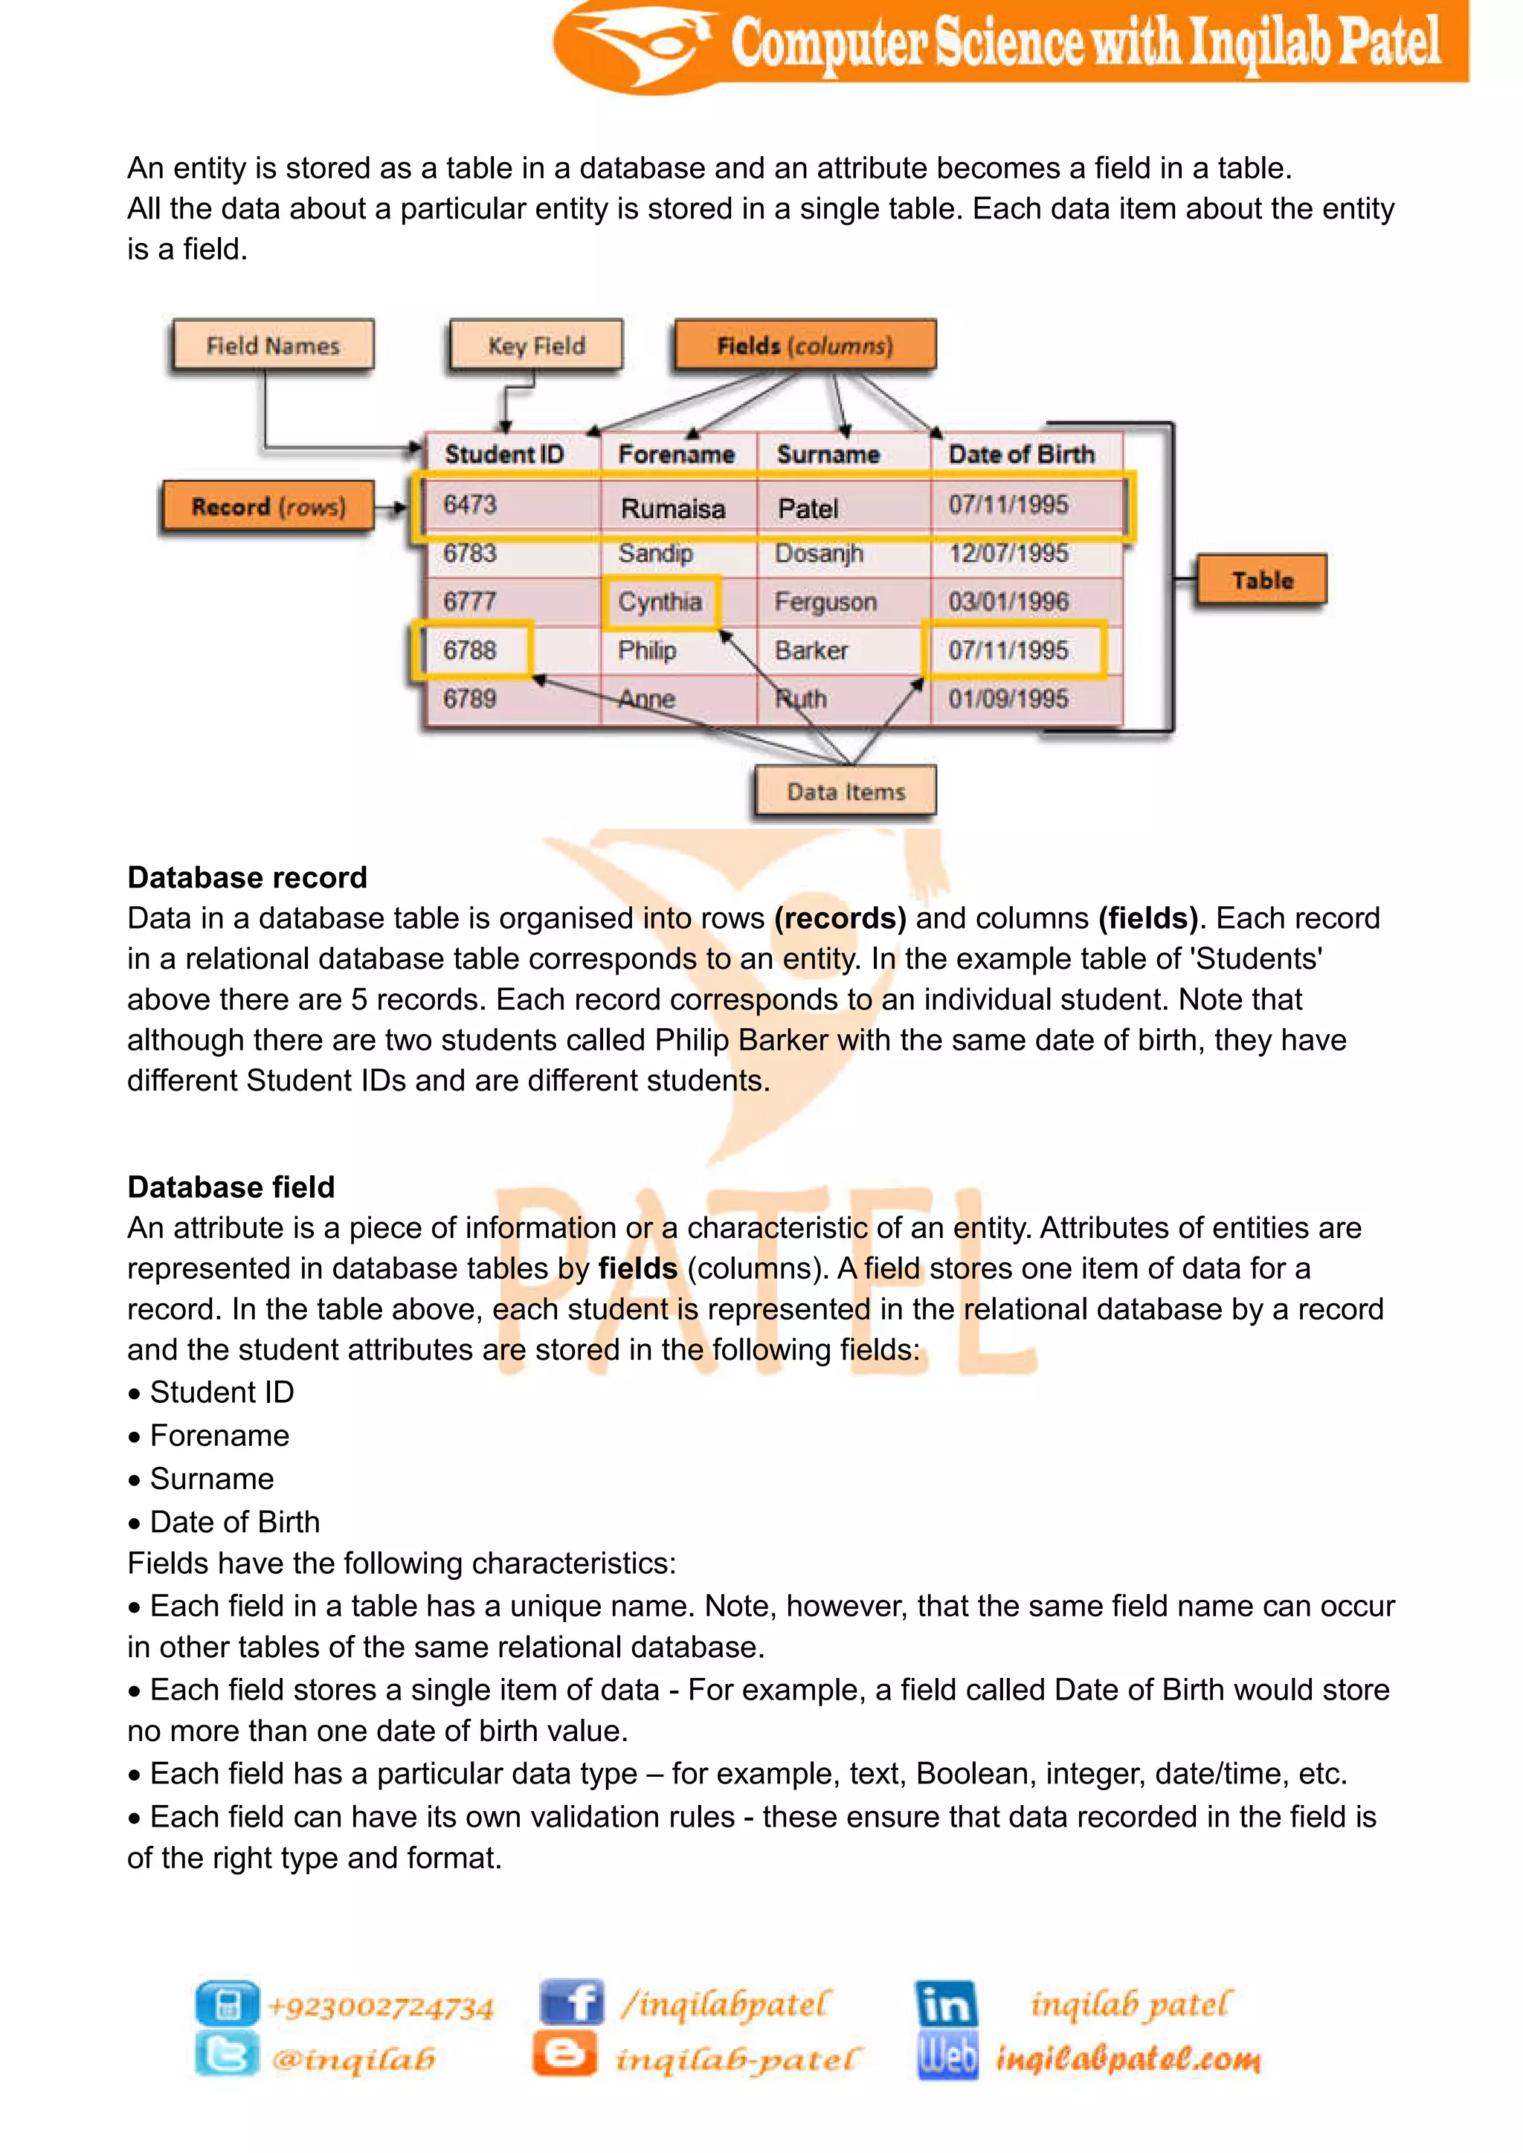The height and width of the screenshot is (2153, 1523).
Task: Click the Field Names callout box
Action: coord(273,345)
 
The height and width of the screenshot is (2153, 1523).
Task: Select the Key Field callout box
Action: coord(535,345)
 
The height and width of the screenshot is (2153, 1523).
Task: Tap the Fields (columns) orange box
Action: coord(805,345)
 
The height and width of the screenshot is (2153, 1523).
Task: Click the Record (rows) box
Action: coord(268,506)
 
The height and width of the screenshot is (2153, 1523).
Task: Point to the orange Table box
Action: coord(1261,581)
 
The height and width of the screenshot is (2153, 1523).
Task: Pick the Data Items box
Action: coord(845,792)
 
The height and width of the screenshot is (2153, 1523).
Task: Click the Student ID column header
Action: coord(504,455)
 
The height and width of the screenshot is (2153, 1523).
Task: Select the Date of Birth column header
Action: coord(1021,455)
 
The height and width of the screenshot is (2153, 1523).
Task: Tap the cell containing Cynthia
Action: coord(660,601)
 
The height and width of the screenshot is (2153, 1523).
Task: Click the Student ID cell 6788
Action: coord(470,650)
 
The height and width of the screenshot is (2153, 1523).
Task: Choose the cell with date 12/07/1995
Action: coord(1008,553)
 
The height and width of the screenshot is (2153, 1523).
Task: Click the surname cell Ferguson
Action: coord(825,602)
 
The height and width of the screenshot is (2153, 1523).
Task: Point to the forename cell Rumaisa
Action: coord(673,509)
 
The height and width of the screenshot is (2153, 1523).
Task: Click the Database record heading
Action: coord(248,878)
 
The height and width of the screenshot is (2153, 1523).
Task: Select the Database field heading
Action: coord(231,1187)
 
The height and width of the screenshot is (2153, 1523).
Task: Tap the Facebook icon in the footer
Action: coord(570,2003)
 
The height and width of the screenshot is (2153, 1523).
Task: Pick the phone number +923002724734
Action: coord(381,2007)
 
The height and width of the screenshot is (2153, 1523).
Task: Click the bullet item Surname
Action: coord(212,1479)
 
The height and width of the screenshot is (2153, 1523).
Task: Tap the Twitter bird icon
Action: coord(226,2056)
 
